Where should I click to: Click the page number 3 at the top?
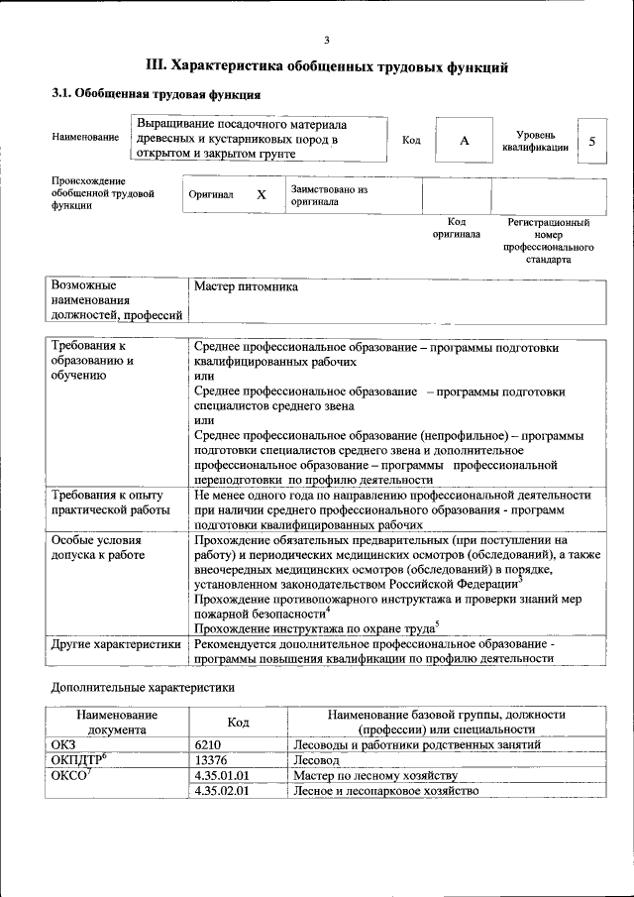[x=326, y=39]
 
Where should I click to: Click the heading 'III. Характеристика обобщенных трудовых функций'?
[x=327, y=66]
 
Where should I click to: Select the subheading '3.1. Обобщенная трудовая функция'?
[x=156, y=96]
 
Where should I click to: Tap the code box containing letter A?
[x=464, y=141]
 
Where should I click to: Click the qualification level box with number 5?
[x=592, y=141]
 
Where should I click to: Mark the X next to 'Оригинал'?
[x=261, y=195]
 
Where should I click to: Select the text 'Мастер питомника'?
[x=246, y=286]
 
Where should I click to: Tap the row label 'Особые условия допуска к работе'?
[x=97, y=547]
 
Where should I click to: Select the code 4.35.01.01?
[x=223, y=775]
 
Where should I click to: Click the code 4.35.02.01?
[x=223, y=791]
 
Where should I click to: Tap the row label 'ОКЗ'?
[x=62, y=743]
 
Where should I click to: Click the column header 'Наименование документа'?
[x=115, y=721]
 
